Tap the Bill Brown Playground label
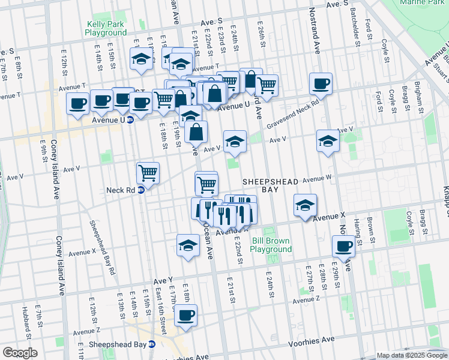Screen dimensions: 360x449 (271, 245)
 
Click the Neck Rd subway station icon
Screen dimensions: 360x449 (141, 190)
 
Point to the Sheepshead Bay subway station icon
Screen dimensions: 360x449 (152, 344)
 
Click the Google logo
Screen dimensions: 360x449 (20, 353)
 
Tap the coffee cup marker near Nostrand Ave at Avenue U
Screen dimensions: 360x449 (321, 83)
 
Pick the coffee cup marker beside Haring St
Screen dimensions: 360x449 (343, 245)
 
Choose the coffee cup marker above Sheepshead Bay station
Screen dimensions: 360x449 (185, 314)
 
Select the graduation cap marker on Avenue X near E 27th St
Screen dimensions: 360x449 (305, 205)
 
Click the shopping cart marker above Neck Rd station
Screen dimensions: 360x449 (148, 173)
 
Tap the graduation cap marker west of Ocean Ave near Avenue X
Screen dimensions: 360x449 (188, 245)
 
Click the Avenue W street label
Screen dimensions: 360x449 (317, 178)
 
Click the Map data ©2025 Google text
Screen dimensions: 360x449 (412, 355)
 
